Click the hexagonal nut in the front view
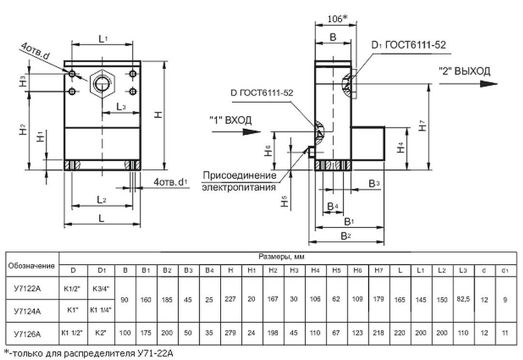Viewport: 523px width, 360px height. click(102, 83)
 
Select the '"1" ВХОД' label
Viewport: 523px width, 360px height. click(230, 120)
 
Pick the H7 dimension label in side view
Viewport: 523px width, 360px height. click(423, 124)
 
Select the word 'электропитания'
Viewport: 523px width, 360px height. click(239, 187)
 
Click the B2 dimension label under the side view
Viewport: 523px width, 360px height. click(345, 236)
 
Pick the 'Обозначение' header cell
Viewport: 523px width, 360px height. click(31, 266)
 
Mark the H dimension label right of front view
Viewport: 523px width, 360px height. click(158, 114)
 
